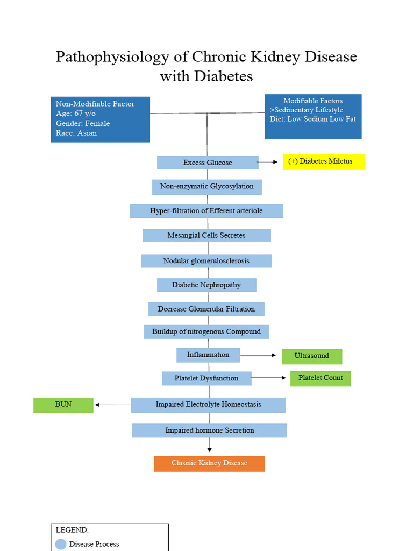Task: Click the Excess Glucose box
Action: tap(208, 163)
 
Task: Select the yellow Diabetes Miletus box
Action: tap(324, 162)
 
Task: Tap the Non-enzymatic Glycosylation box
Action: tap(207, 187)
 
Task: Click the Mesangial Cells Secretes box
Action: tap(206, 236)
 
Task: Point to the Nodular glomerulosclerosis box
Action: tap(206, 261)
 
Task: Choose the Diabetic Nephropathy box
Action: tap(206, 285)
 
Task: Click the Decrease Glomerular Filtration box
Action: tap(206, 309)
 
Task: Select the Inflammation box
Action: tap(208, 355)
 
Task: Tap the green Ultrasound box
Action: tap(312, 356)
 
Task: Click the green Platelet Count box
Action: tap(321, 378)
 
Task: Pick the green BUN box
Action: tap(63, 405)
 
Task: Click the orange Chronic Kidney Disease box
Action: tap(209, 463)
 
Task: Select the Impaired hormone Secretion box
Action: tap(210, 430)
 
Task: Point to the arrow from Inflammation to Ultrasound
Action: tap(261, 355)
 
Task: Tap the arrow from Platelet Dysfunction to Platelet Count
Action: tap(269, 378)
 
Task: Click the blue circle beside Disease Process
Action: tap(61, 544)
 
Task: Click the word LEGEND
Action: tap(72, 530)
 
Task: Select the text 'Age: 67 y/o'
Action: tap(76, 114)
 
